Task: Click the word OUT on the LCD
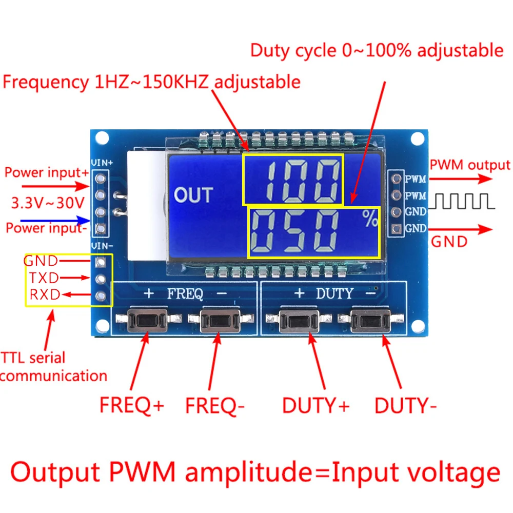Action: pos(193,195)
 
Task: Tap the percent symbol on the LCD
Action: pos(370,219)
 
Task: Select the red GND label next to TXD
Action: pos(41,261)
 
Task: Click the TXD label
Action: pos(43,278)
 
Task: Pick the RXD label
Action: pos(44,294)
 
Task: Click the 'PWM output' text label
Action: pos(469,165)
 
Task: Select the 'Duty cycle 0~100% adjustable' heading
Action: pos(377,50)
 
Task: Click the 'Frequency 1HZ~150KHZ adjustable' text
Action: pos(151,82)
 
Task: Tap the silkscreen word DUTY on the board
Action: pos(334,294)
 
